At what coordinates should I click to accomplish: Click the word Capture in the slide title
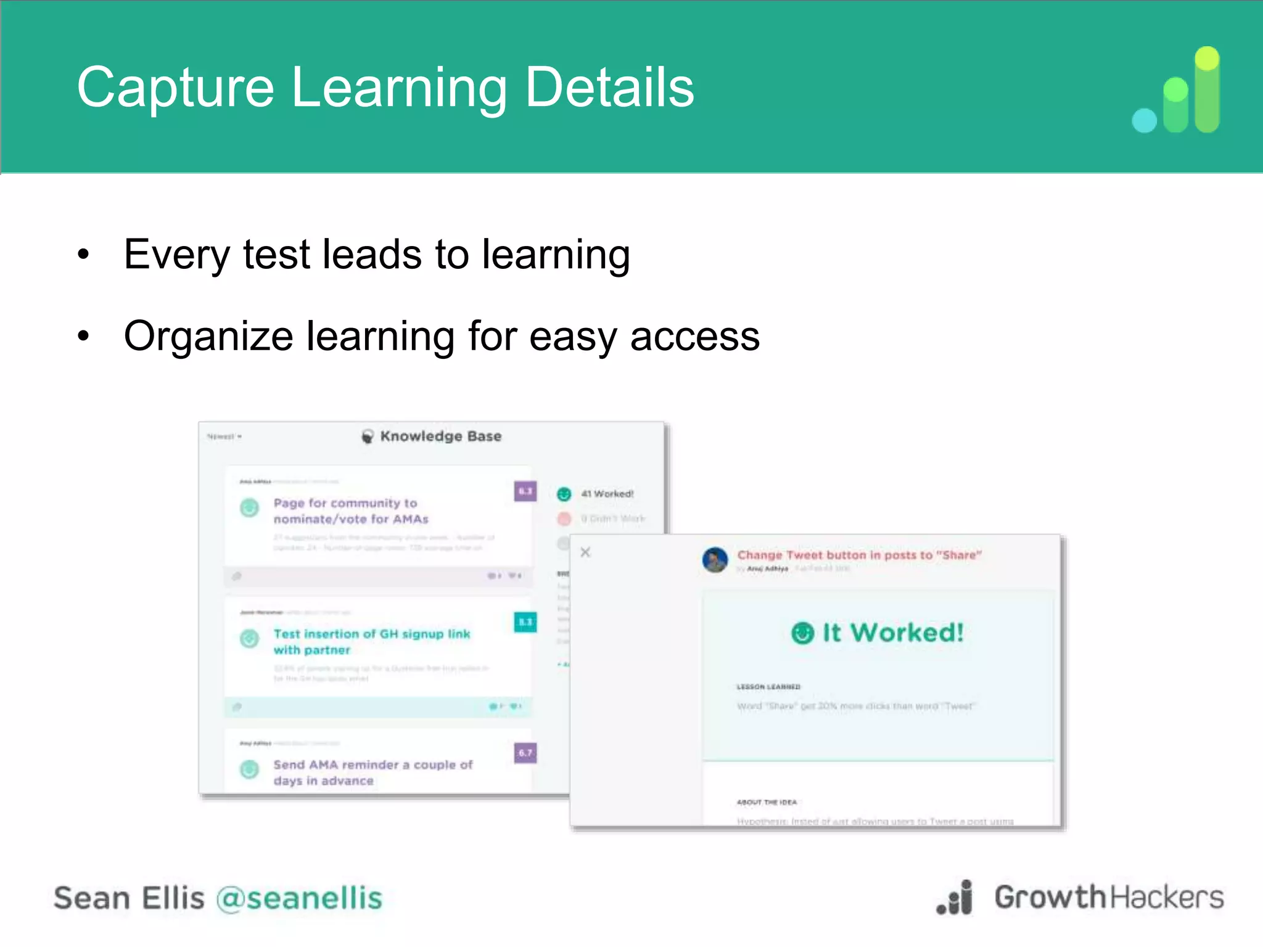coord(176,88)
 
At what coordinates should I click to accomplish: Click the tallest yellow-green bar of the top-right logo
coord(1207,89)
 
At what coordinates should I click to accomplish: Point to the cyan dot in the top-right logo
coord(1145,120)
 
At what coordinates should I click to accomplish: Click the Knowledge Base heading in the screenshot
coord(440,437)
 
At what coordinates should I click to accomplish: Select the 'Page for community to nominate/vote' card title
coord(351,511)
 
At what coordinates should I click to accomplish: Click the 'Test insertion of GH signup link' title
coord(371,642)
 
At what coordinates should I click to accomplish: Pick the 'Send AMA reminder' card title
coord(372,773)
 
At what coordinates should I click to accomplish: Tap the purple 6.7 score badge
coord(525,753)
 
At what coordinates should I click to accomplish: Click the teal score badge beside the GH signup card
coord(525,622)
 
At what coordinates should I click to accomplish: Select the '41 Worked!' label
coord(607,494)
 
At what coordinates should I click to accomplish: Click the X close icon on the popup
coord(586,552)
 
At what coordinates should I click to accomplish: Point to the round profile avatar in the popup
coord(715,560)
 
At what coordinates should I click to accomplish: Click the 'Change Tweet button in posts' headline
coord(859,555)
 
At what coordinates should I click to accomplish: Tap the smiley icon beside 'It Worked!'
coord(803,633)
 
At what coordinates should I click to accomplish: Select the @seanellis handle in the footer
coord(299,898)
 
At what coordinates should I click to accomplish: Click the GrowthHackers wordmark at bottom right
coord(1108,898)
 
